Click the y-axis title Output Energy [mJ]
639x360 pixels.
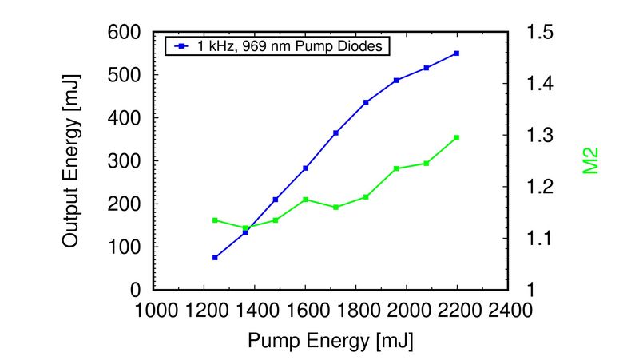point(71,160)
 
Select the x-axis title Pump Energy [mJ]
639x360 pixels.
point(331,341)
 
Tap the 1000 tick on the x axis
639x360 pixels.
point(153,309)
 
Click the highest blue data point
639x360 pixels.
point(457,53)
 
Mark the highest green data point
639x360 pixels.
point(457,137)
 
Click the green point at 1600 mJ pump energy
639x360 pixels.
point(306,199)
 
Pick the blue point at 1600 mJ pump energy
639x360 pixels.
point(306,168)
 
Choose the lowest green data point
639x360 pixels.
point(245,227)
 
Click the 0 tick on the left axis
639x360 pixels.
point(136,290)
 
